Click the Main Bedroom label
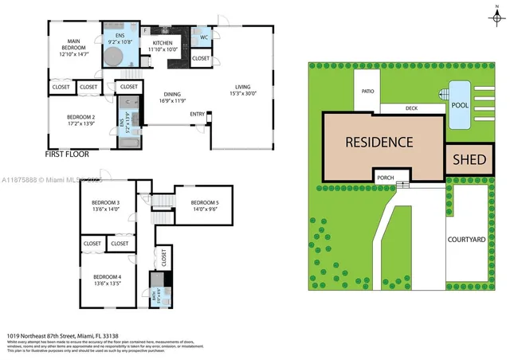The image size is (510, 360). click(x=73, y=44)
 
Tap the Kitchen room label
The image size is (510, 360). click(x=163, y=42)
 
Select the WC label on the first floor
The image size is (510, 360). click(x=204, y=37)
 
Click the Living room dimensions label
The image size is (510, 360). click(x=241, y=94)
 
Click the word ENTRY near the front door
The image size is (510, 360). click(x=197, y=114)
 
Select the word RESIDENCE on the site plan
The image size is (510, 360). click(x=379, y=143)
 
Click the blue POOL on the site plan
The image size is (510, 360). click(x=458, y=105)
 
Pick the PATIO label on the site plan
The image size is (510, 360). click(x=367, y=92)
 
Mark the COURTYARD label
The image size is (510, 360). click(x=467, y=239)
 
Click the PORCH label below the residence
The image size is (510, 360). click(x=386, y=177)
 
